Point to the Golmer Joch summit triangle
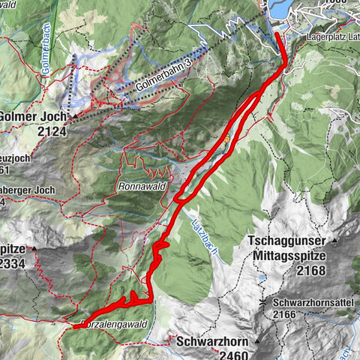coord(73,117)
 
